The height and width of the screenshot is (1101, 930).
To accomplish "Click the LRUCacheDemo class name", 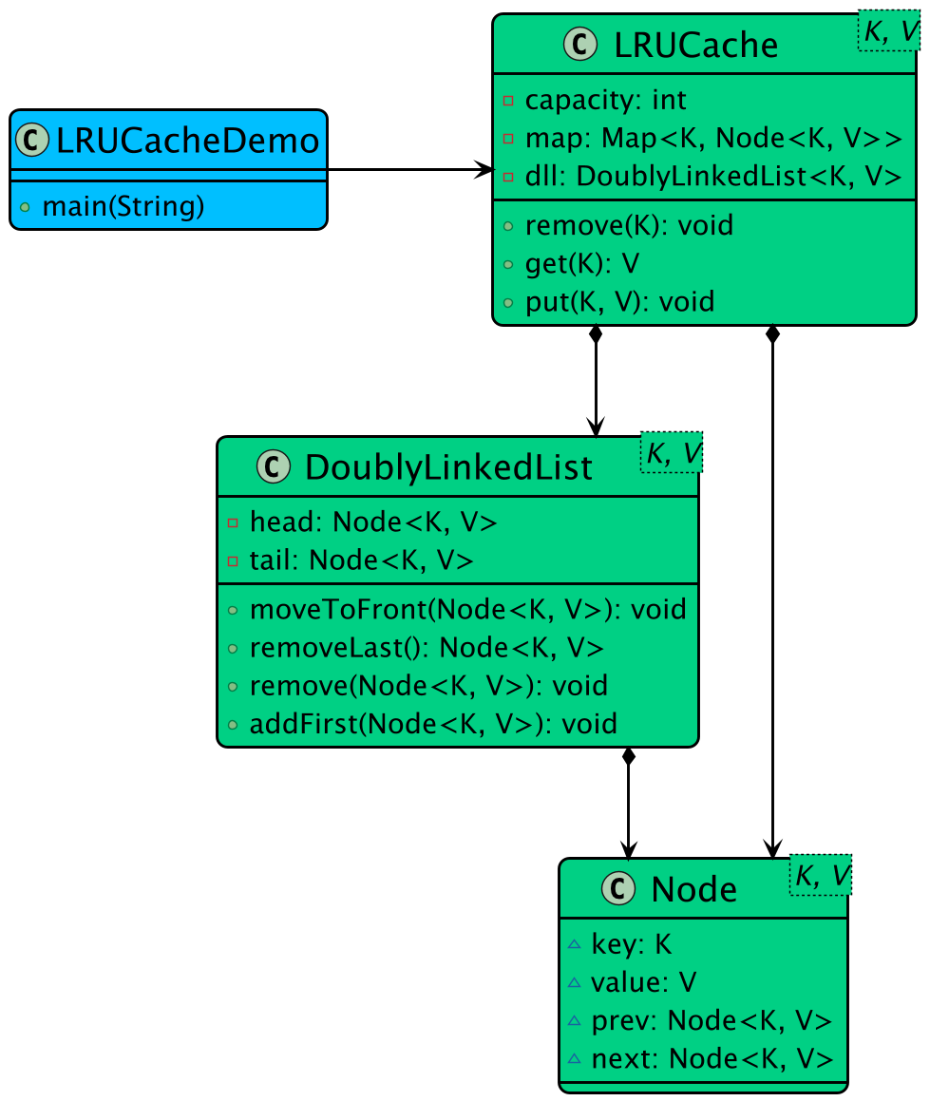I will pos(187,141).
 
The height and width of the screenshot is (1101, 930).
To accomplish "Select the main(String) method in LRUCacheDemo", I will pos(123,206).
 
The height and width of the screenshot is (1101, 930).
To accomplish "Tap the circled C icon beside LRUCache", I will pos(580,44).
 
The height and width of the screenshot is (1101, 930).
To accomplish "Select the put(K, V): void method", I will pos(618,302).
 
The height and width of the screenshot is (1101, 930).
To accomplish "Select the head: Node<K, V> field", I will pos(372,522).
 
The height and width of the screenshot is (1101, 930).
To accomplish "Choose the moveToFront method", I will pos(467,609).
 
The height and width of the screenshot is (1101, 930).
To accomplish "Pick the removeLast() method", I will pos(426,648).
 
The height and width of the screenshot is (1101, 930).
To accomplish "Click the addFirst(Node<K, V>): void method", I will pos(433,724).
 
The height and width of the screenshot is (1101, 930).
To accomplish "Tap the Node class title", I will pos(693,888).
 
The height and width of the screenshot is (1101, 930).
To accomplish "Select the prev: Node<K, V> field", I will pos(712,1020).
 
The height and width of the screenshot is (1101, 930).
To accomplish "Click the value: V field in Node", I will pos(644,982).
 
